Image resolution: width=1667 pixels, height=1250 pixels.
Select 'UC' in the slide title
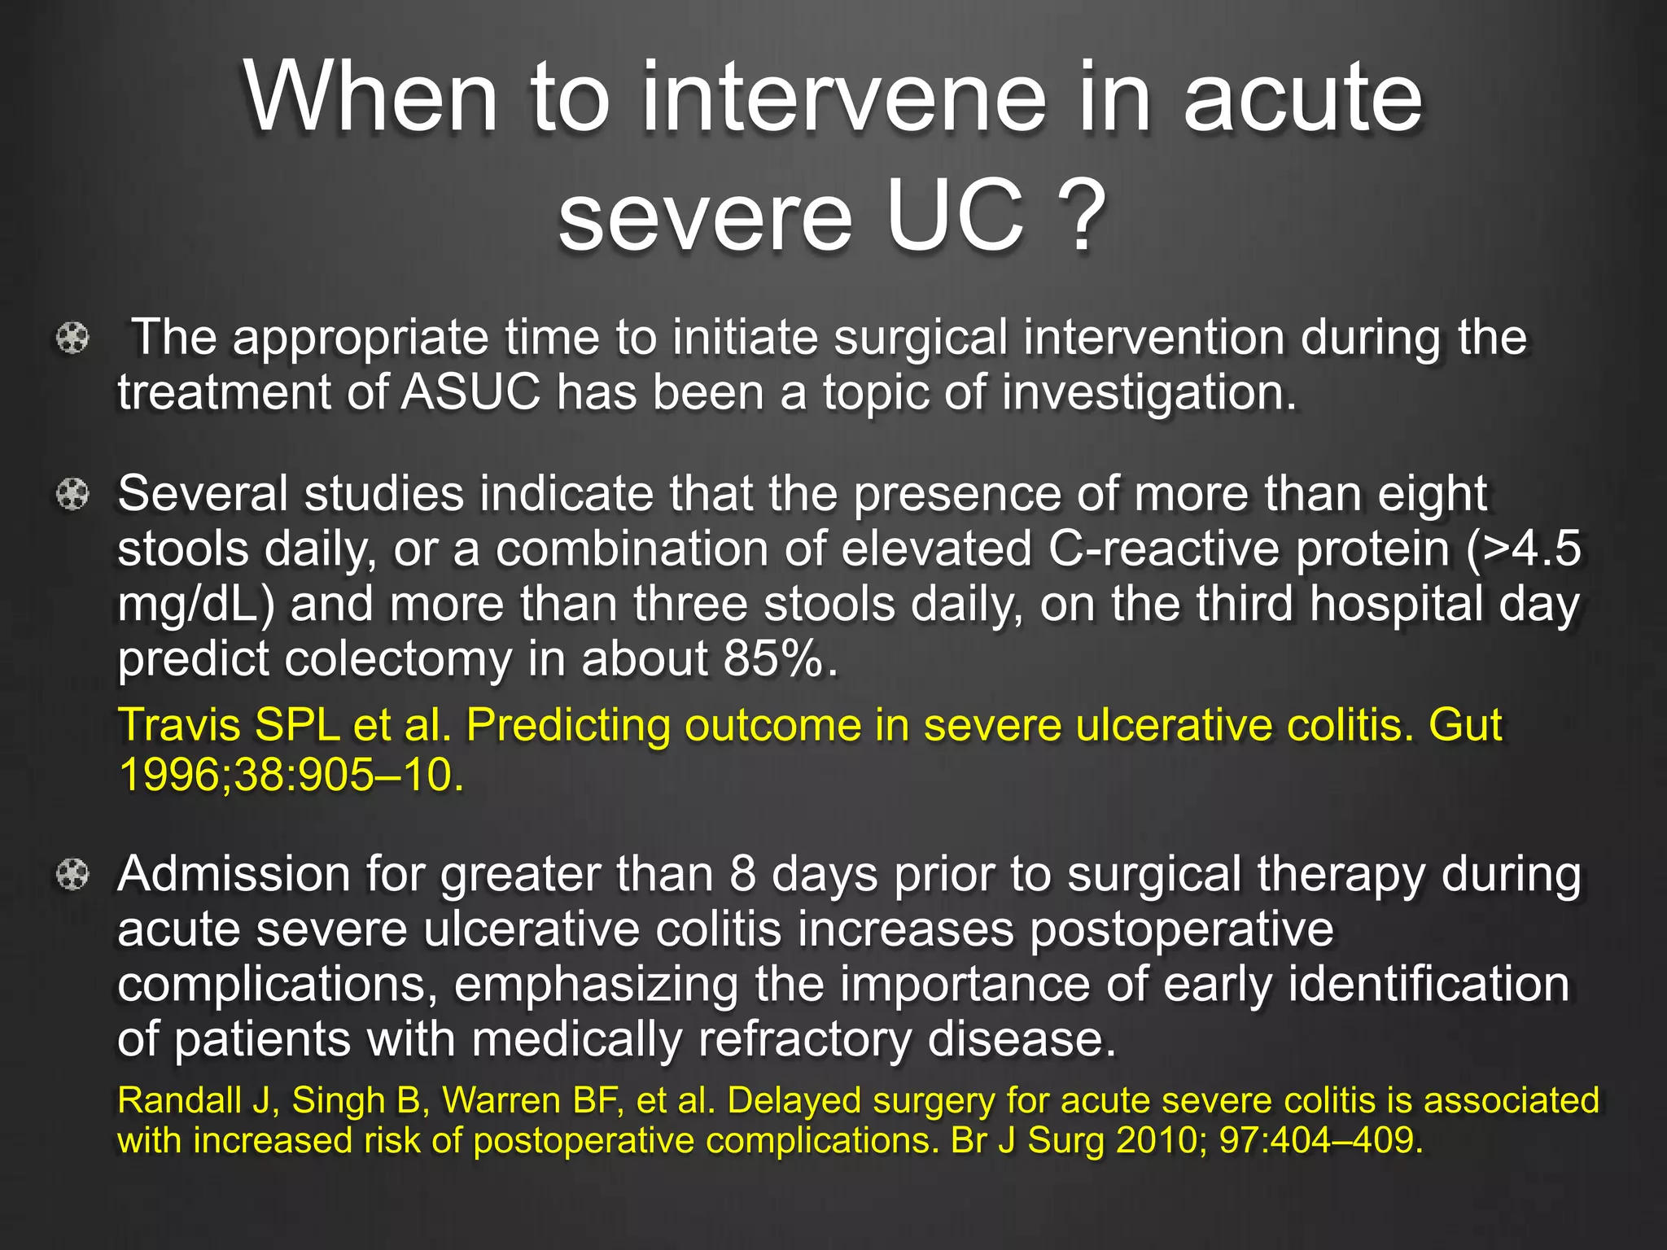(954, 216)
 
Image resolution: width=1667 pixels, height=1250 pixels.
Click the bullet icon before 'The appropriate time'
(72, 338)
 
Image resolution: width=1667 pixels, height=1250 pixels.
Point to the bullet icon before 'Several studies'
(72, 494)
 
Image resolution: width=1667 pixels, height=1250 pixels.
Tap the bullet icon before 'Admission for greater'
(72, 875)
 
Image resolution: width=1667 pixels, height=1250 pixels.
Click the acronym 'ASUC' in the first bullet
(470, 392)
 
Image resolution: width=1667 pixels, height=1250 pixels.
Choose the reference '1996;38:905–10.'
(291, 775)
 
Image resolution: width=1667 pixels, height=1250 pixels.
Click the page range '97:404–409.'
(1321, 1141)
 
